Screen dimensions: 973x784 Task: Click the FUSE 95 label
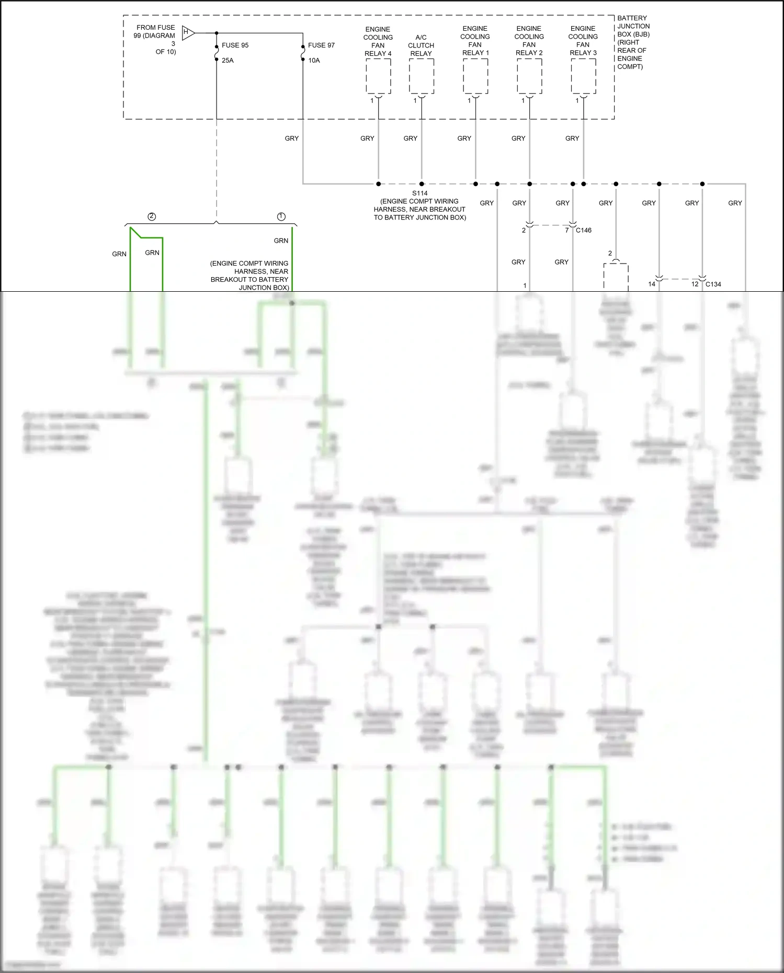pyautogui.click(x=235, y=45)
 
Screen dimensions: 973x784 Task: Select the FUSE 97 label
pyautogui.click(x=321, y=45)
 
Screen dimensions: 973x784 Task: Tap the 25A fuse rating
pyautogui.click(x=228, y=61)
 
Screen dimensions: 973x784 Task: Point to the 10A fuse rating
pyautogui.click(x=314, y=61)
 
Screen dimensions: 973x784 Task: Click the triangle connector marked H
pyautogui.click(x=188, y=33)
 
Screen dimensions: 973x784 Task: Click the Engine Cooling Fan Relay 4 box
pyautogui.click(x=378, y=76)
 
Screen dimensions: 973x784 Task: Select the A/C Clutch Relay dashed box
pyautogui.click(x=421, y=76)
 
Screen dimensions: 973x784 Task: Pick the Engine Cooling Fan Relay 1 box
pyautogui.click(x=475, y=76)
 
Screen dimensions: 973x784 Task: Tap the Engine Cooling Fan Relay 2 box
pyautogui.click(x=529, y=76)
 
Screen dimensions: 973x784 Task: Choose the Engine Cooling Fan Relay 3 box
pyautogui.click(x=583, y=76)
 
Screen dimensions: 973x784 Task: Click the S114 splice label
pyautogui.click(x=419, y=193)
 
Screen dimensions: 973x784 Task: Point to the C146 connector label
pyautogui.click(x=584, y=231)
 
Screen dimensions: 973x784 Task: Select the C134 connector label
pyautogui.click(x=713, y=284)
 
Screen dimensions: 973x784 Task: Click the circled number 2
pyautogui.click(x=152, y=216)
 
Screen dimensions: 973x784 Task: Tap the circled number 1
pyautogui.click(x=281, y=216)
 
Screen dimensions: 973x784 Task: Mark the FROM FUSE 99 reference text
pyautogui.click(x=155, y=40)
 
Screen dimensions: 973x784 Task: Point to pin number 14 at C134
pyautogui.click(x=652, y=284)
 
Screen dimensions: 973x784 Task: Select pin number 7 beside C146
pyautogui.click(x=567, y=231)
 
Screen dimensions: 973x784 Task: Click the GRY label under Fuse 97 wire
pyautogui.click(x=292, y=139)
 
